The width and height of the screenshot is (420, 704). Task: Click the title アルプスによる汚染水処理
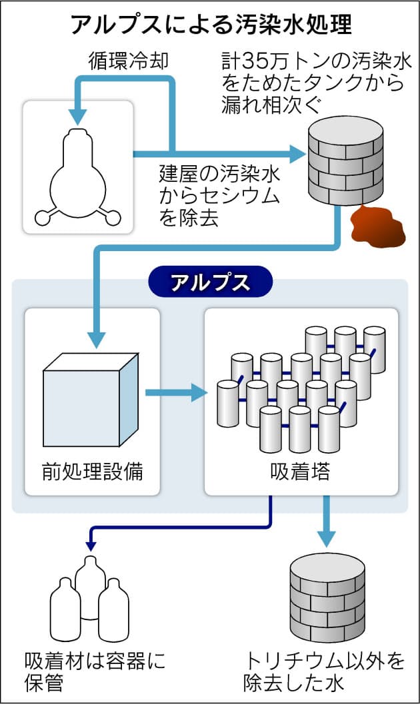[x=211, y=25]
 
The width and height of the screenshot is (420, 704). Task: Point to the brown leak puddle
[x=377, y=226]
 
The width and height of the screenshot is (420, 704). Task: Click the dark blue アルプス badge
[x=210, y=282]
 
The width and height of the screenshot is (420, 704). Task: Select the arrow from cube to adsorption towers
[x=176, y=392]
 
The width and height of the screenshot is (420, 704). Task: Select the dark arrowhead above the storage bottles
[x=90, y=544]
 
